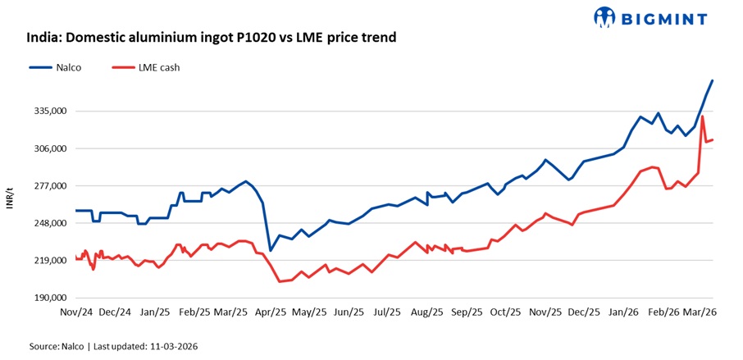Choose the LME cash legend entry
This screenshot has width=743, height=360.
[160, 67]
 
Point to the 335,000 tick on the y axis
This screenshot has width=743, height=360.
[48, 111]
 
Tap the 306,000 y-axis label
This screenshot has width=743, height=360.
[48, 148]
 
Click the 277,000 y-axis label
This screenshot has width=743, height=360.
[48, 186]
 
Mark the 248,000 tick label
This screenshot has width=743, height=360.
[48, 223]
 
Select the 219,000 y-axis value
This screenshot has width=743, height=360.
[48, 261]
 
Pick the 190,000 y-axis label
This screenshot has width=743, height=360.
[48, 298]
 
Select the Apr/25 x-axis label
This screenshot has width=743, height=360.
[270, 312]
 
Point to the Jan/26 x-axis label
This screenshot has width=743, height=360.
[623, 312]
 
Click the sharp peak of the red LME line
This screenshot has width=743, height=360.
[703, 116]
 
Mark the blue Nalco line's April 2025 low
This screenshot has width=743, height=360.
[270, 250]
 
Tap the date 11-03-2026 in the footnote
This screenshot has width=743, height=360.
[169, 347]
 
